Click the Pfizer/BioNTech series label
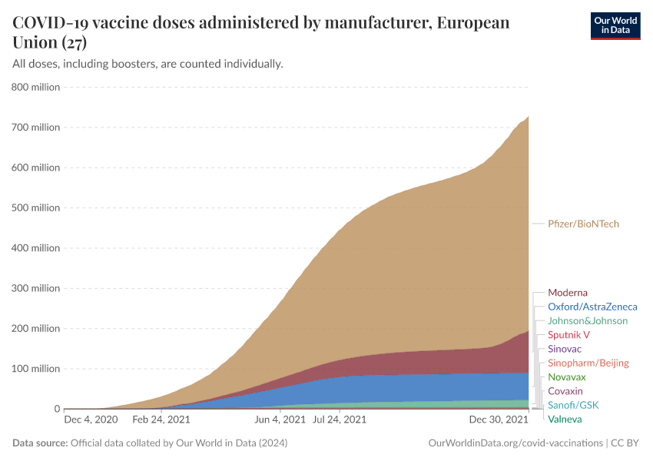(583, 224)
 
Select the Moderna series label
(567, 293)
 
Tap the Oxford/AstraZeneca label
(592, 307)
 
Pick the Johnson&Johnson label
(587, 320)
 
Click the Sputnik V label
(568, 335)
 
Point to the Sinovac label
(564, 349)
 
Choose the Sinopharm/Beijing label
(588, 363)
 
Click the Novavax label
(566, 377)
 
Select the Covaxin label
(565, 391)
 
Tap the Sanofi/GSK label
(573, 405)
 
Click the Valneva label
(565, 419)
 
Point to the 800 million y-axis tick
(35, 87)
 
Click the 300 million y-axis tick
(35, 288)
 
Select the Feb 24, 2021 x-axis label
(161, 420)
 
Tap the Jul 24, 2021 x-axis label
(339, 420)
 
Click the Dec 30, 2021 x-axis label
(499, 420)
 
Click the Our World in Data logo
(615, 25)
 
